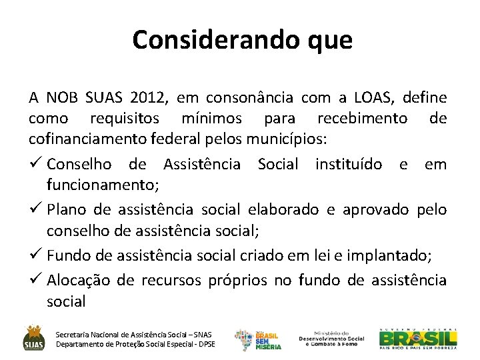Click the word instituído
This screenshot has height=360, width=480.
[x=349, y=164]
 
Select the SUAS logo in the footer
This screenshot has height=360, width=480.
[x=34, y=337]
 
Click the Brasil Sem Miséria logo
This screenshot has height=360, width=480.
[x=258, y=339]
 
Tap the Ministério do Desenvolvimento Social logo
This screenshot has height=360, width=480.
[x=331, y=338]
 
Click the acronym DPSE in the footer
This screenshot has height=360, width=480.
[x=203, y=344]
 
